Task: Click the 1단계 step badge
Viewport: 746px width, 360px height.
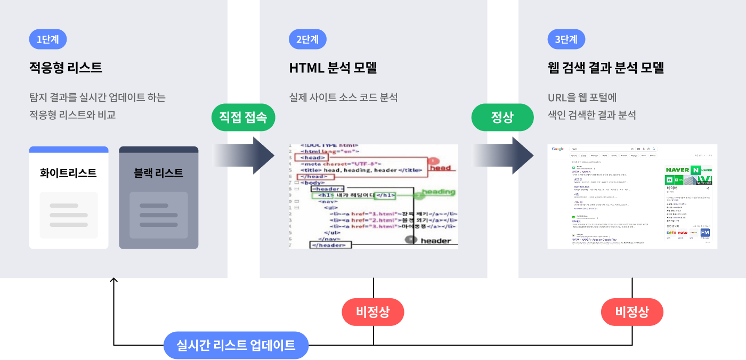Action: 48,39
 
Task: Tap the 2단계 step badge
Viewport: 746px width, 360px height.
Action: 307,39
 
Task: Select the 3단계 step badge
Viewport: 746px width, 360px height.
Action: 566,39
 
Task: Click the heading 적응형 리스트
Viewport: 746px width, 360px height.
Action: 66,68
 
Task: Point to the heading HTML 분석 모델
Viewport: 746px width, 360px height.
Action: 333,68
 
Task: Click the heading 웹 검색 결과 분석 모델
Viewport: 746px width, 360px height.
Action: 606,68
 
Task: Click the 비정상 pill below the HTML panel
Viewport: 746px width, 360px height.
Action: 372,312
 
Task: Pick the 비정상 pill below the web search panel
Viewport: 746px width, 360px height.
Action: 632,312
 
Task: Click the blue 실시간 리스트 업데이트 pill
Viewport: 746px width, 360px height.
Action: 236,345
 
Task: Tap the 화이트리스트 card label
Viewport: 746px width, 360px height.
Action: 68,173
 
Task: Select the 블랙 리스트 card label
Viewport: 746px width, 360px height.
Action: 159,173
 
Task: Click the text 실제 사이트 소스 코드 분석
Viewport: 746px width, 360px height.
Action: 343,97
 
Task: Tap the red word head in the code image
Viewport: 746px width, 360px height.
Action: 440,168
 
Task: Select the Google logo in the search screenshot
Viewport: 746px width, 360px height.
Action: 558,149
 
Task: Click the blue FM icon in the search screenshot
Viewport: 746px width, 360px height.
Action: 705,233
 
